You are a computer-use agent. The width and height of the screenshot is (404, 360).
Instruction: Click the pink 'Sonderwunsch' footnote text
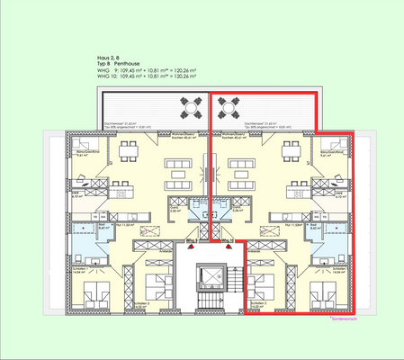click(345, 319)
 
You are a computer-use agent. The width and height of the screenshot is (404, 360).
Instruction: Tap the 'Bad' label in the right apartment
click(311, 228)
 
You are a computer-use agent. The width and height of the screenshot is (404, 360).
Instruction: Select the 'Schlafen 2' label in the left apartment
click(139, 304)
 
